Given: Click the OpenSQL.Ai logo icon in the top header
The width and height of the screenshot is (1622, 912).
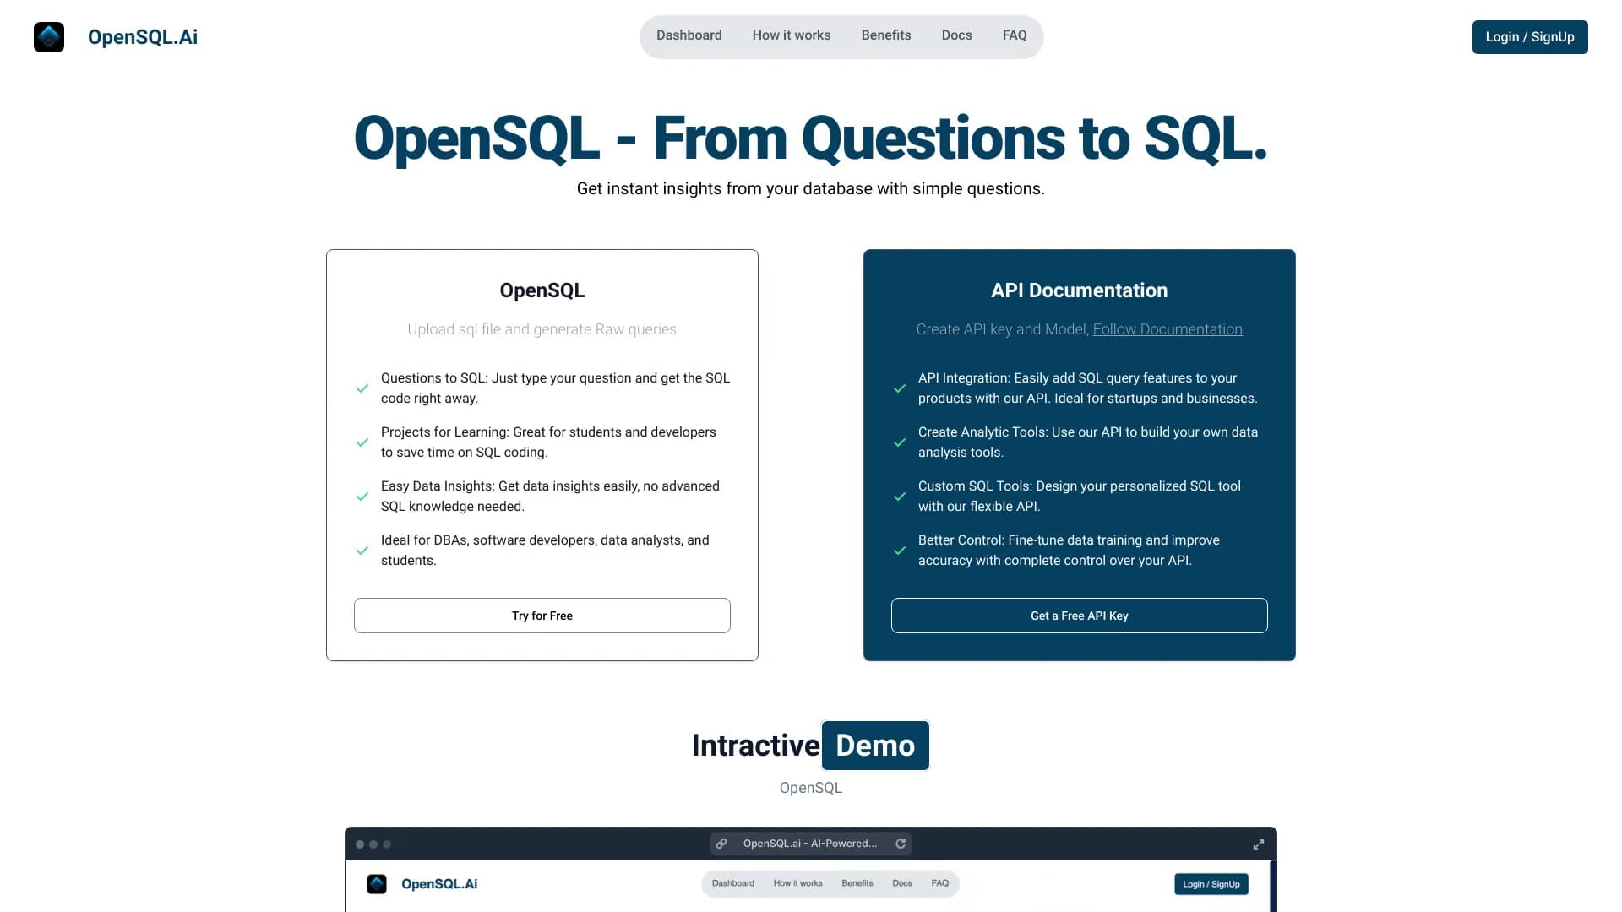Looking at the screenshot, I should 49,37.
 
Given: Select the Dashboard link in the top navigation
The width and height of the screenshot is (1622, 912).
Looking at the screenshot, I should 689,35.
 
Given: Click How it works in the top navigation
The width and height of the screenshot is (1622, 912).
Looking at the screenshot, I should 791,35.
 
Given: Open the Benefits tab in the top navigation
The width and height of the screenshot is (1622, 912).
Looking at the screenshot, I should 885,35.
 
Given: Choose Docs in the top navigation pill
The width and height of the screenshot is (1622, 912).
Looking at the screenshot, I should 956,35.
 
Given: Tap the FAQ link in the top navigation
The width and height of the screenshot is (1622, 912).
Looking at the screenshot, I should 1014,35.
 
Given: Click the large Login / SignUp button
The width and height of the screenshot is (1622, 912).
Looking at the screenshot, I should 1529,37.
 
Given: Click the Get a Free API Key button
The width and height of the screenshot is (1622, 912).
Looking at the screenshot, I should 1079,616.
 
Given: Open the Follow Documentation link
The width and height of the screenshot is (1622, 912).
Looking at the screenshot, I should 1167,329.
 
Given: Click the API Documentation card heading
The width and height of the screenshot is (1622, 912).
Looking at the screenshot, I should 1079,290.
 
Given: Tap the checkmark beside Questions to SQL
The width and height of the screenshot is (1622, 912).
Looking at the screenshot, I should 362,388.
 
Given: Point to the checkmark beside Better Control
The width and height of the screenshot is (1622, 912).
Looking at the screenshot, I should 900,551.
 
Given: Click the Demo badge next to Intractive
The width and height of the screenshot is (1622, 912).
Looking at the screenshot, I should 875,746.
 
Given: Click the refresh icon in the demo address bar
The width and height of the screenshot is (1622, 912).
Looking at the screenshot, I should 901,844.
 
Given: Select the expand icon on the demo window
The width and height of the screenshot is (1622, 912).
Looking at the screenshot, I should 1258,844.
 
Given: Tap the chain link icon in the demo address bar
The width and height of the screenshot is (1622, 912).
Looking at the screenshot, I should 721,844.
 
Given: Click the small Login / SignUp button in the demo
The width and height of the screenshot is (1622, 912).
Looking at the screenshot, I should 1211,884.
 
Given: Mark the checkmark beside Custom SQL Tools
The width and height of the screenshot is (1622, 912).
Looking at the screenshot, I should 900,497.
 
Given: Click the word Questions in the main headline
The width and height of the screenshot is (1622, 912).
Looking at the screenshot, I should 933,138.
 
